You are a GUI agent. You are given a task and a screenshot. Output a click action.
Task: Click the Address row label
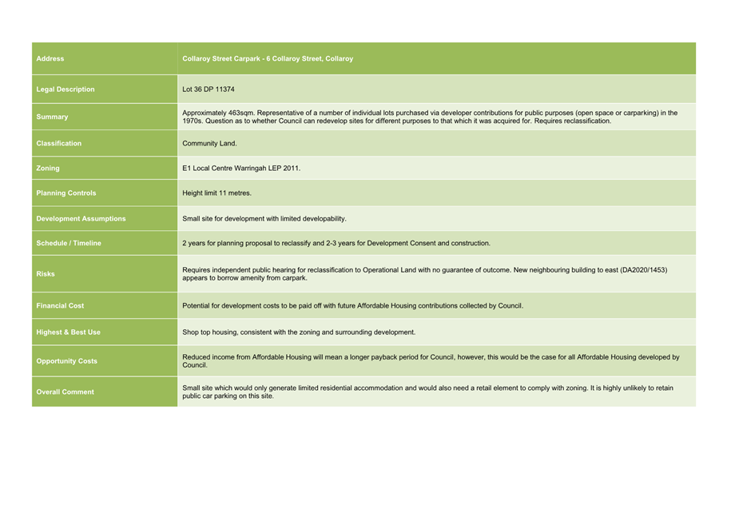click(x=50, y=58)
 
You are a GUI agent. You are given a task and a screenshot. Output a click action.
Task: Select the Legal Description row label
click(x=66, y=89)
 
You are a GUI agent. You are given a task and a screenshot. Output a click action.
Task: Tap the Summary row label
click(x=53, y=117)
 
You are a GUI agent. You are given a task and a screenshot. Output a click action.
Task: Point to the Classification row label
click(x=59, y=144)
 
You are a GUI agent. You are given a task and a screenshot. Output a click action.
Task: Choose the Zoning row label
click(x=48, y=169)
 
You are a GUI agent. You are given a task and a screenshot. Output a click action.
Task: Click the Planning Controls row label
click(x=66, y=193)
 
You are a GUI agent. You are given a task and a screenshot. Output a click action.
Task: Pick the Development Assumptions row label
click(x=81, y=219)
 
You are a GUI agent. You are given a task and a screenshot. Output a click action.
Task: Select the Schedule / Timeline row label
click(x=69, y=243)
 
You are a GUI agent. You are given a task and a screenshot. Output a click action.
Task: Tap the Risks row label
click(x=46, y=274)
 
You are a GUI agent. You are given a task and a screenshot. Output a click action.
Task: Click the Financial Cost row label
click(x=60, y=306)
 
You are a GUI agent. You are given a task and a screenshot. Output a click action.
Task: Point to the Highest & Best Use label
click(x=69, y=332)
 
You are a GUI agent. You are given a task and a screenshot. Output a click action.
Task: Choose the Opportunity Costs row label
click(x=67, y=361)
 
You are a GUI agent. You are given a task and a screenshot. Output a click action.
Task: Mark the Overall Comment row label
click(x=65, y=392)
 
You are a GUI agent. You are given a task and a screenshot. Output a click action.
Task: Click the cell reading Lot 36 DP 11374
click(x=209, y=89)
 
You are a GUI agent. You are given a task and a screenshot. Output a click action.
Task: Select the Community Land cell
click(x=209, y=144)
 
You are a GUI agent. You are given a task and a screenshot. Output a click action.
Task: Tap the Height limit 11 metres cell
click(x=217, y=193)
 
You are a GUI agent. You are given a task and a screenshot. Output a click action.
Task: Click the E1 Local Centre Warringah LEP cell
click(x=241, y=169)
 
